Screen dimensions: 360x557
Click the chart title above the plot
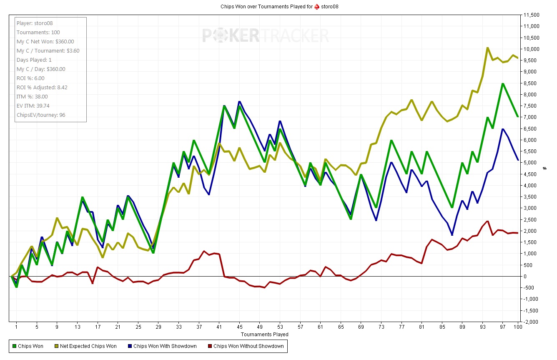tap(282, 7)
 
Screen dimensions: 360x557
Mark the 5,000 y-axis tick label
tap(532, 163)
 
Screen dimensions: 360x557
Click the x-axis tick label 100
tap(518, 327)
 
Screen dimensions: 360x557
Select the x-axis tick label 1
tap(16, 327)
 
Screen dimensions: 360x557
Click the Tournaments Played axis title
tap(264, 335)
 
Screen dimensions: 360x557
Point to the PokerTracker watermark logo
tap(266, 35)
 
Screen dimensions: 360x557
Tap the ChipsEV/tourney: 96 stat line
tap(41, 115)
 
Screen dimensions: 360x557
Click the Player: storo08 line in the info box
tap(35, 23)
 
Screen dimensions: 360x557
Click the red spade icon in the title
tap(317, 7)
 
